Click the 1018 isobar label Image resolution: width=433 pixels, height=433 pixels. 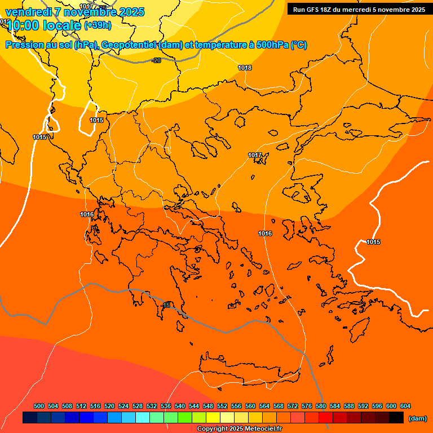click(x=245, y=68)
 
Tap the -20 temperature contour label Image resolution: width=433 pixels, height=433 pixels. click(x=156, y=60)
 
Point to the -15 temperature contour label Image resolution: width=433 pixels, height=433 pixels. click(x=166, y=305)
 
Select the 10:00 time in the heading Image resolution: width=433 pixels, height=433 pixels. click(x=26, y=25)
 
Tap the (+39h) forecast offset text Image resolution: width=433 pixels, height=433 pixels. click(x=98, y=25)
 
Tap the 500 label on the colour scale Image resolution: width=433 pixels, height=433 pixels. click(x=39, y=406)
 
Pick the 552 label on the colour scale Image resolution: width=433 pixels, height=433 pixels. click(x=222, y=406)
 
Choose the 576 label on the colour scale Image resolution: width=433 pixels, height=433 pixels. click(x=307, y=406)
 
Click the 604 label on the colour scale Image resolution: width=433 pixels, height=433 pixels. click(x=405, y=406)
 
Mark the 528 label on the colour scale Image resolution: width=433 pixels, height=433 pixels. click(x=138, y=406)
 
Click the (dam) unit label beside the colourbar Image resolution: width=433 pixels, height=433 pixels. click(x=417, y=418)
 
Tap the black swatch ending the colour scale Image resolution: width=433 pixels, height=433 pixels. click(x=396, y=418)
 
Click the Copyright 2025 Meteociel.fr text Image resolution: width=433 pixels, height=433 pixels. click(x=240, y=428)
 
